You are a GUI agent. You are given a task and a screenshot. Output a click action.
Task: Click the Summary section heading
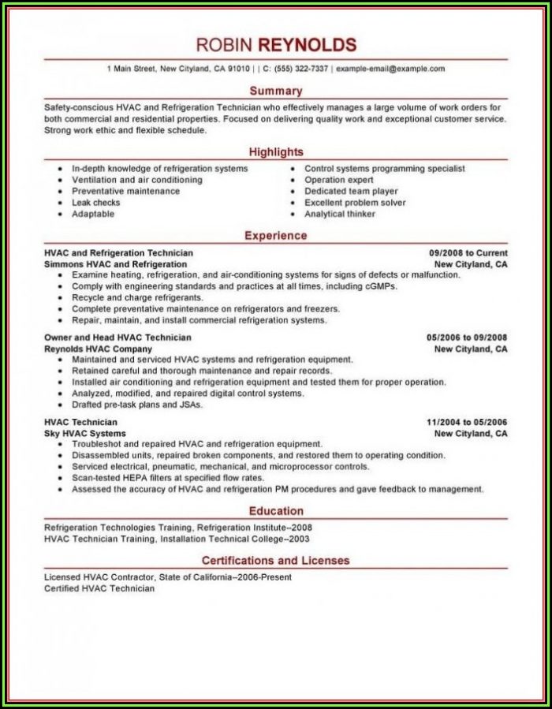click(275, 91)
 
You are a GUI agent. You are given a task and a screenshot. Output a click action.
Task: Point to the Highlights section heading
click(275, 151)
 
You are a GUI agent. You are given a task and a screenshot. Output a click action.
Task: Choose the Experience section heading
click(275, 235)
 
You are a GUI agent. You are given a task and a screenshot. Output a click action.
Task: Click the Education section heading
click(275, 510)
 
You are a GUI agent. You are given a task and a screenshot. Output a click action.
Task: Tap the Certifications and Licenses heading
click(275, 560)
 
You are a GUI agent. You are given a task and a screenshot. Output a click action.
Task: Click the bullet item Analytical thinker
click(340, 214)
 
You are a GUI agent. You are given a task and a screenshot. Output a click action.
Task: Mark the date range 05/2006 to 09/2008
click(466, 337)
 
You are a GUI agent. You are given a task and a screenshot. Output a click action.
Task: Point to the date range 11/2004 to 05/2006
click(466, 422)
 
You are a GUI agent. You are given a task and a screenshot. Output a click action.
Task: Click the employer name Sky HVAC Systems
click(85, 433)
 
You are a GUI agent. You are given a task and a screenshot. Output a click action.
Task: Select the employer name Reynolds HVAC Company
click(99, 349)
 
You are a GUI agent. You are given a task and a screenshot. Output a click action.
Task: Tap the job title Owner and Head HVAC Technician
click(117, 337)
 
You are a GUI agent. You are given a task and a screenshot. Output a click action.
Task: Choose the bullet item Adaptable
click(93, 214)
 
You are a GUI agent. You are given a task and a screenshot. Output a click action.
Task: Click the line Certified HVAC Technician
click(99, 588)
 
